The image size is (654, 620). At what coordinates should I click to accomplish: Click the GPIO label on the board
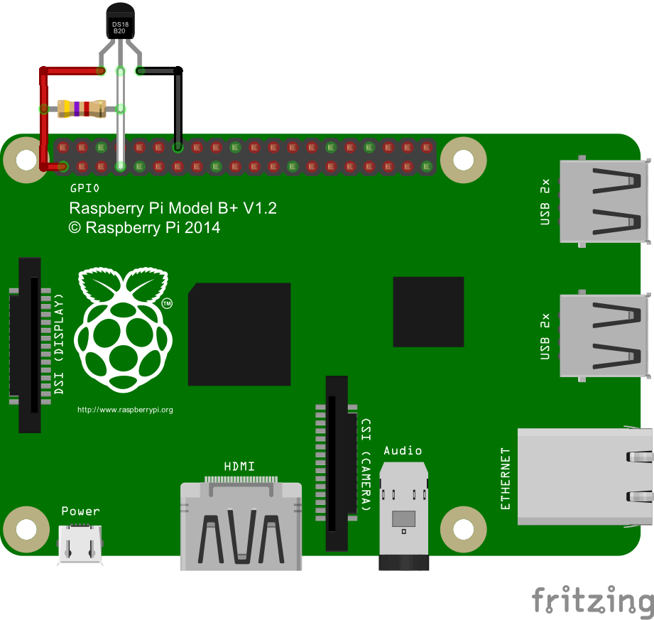click(85, 188)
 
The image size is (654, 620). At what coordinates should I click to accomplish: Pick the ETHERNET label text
click(506, 478)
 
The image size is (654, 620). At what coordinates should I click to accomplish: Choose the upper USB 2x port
click(604, 202)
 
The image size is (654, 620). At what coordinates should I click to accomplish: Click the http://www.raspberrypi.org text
click(125, 410)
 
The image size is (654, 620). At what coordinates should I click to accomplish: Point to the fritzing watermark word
click(592, 601)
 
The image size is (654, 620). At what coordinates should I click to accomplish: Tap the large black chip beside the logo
click(239, 334)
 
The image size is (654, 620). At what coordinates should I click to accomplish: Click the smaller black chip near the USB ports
click(428, 312)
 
